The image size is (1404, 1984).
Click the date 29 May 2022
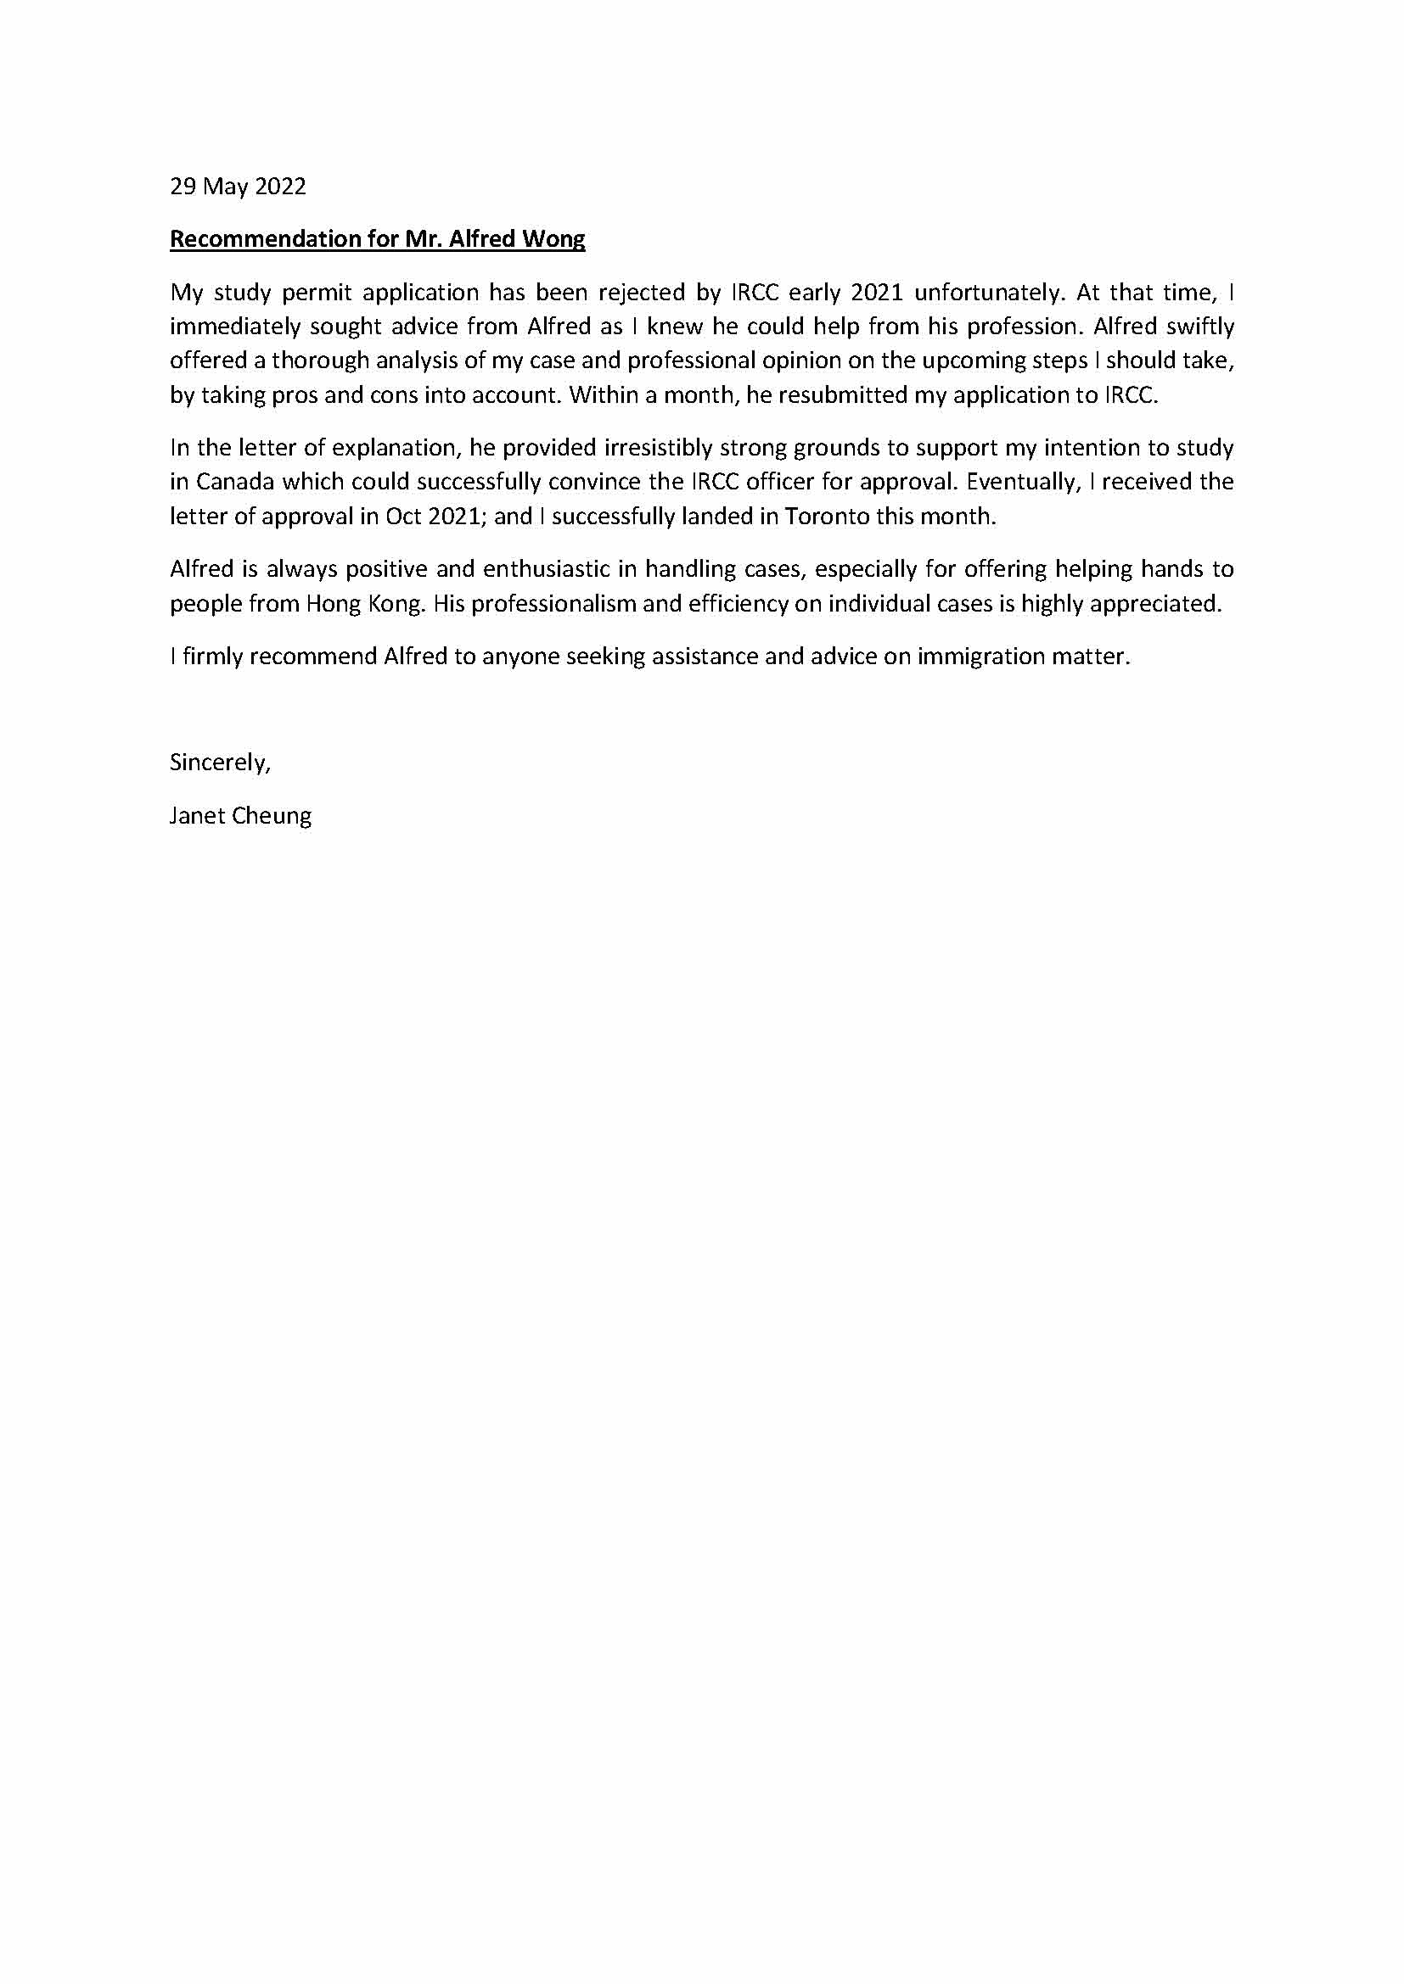point(238,187)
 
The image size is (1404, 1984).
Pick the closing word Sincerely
point(220,763)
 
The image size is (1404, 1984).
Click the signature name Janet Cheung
point(240,816)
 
